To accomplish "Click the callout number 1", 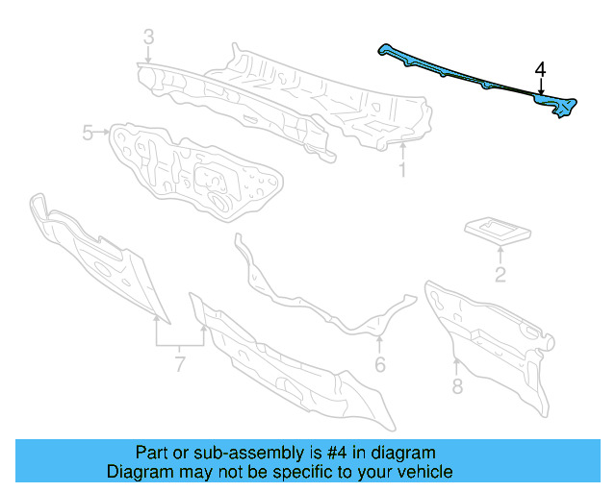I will (402, 171).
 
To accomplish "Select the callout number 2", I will (500, 277).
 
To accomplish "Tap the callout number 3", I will (148, 37).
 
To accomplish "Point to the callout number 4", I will (541, 69).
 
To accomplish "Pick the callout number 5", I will (88, 133).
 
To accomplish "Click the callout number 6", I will (379, 364).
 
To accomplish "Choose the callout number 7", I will (178, 364).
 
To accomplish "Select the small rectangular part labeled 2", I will (498, 228).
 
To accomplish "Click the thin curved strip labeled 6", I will (318, 298).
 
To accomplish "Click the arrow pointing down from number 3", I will (148, 56).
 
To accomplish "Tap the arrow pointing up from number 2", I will (500, 255).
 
